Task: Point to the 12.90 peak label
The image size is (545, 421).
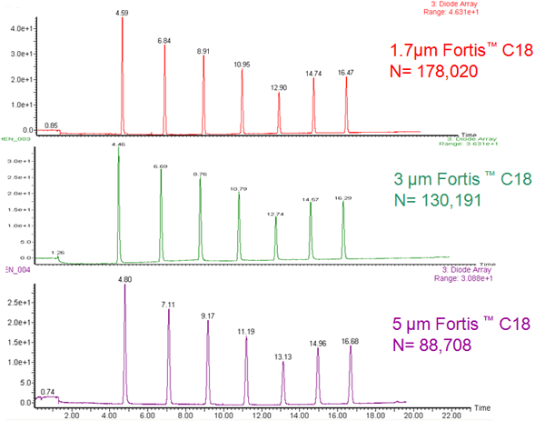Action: [279, 87]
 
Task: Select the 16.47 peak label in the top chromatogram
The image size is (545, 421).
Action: [346, 72]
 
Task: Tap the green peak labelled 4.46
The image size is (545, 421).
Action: [118, 145]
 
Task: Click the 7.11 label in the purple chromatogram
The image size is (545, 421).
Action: [168, 304]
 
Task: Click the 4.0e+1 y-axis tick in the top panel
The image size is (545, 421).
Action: [18, 29]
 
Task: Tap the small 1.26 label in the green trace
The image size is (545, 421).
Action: [57, 252]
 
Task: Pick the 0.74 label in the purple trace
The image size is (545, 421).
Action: [47, 391]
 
